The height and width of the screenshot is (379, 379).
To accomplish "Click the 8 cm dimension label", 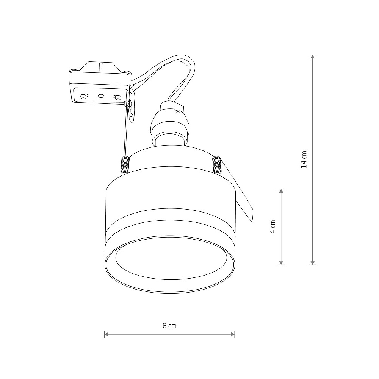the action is pyautogui.click(x=170, y=326).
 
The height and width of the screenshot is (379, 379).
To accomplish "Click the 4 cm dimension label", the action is pyautogui.click(x=273, y=227).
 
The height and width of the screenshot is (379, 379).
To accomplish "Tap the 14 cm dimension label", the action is pyautogui.click(x=304, y=160).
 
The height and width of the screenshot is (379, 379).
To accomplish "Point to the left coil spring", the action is pyautogui.click(x=125, y=165).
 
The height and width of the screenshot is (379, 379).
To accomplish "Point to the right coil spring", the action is pyautogui.click(x=217, y=164).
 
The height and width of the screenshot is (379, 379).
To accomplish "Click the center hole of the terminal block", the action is pyautogui.click(x=101, y=96).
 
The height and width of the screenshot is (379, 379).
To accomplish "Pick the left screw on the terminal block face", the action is pyautogui.click(x=84, y=96).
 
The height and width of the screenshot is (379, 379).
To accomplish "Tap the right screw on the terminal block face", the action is pyautogui.click(x=117, y=97).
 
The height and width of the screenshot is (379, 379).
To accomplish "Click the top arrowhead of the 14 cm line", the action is pyautogui.click(x=313, y=57).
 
